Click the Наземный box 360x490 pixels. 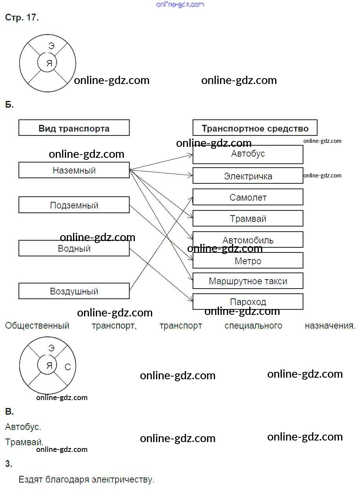[74, 170]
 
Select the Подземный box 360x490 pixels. [74, 205]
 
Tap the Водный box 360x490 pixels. [74, 249]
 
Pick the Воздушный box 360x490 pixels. [74, 291]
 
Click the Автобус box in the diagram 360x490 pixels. [248, 154]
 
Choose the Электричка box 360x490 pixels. [248, 176]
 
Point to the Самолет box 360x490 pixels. [248, 197]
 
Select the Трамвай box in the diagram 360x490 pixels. [248, 219]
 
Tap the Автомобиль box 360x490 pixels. [248, 240]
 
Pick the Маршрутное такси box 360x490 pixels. [248, 281]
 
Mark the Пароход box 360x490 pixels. [248, 302]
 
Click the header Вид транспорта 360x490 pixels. [74, 128]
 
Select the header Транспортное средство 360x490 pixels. [255, 128]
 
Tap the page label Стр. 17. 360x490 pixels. [22, 18]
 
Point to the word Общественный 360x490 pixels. [37, 326]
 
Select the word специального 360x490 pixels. [253, 326]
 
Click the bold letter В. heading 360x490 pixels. [9, 412]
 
